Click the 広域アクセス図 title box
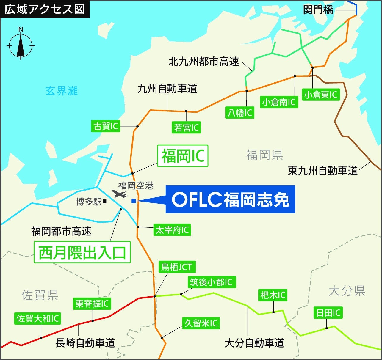45,9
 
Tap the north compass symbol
21,45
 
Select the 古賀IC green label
106,126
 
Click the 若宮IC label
186,128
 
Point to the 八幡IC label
240,113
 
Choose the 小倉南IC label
279,102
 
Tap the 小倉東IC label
320,95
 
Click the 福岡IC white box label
183,156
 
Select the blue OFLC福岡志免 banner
230,199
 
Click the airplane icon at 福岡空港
120,194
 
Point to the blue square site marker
134,201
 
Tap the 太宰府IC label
172,230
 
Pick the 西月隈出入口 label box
82,253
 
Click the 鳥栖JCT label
177,267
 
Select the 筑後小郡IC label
211,282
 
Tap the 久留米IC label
201,323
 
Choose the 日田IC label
328,313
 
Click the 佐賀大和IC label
37,319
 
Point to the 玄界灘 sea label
62,91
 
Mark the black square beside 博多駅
104,202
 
